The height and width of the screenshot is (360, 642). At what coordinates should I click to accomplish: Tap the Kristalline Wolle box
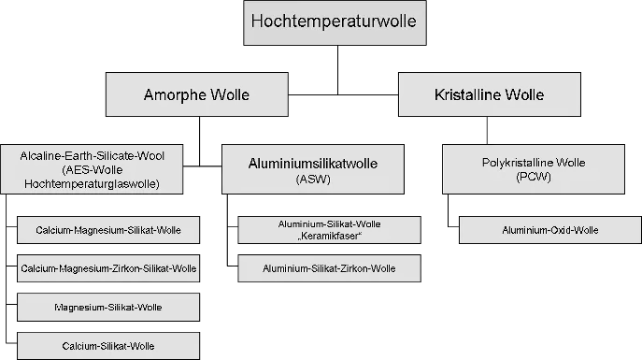point(489,95)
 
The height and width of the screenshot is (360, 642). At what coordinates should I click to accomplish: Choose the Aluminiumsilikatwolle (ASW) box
point(313,168)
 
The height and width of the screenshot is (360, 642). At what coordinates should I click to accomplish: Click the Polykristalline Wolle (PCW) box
point(533,168)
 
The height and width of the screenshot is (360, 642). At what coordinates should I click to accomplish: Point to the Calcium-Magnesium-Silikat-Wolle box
point(108,230)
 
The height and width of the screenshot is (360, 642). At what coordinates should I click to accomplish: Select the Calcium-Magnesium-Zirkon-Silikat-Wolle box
point(108,268)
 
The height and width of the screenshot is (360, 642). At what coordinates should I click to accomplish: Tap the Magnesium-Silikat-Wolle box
point(108,307)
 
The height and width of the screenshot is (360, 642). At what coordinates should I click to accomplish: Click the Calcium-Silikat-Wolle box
point(108,345)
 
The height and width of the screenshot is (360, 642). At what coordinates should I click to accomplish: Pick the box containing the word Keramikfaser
point(329,230)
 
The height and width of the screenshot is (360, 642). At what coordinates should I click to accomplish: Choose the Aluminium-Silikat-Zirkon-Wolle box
point(329,268)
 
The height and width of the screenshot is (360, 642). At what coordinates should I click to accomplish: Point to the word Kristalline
point(469,95)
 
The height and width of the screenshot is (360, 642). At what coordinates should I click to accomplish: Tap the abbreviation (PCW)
point(533,177)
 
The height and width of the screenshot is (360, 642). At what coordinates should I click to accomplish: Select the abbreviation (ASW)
point(313,178)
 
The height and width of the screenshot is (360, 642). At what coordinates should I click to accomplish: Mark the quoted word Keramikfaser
point(329,236)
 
